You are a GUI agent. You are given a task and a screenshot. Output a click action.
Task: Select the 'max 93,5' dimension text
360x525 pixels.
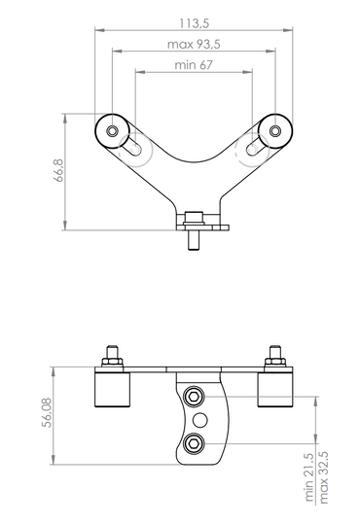196,44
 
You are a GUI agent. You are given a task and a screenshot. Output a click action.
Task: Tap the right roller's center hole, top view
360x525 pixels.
277,130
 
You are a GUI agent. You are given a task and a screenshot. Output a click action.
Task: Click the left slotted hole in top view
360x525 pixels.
132,147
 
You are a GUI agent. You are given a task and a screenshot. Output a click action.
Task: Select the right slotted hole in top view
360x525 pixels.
257,147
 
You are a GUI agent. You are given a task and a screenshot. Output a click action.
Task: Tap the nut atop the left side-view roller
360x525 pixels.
112,362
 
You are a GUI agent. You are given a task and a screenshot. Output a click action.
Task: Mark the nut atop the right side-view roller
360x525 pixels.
275,362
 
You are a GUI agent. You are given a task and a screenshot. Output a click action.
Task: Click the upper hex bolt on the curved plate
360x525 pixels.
195,396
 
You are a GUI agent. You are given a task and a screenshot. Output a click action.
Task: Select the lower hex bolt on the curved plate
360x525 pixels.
195,443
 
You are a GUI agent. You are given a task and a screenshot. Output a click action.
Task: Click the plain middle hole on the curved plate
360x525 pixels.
201,419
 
